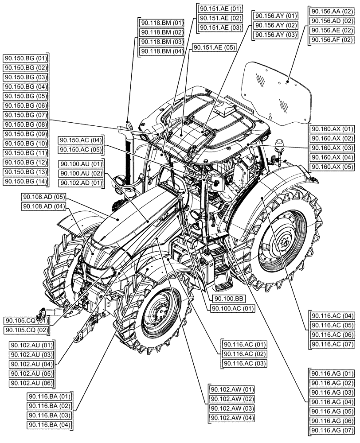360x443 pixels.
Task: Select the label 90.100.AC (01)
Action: [x=232, y=309]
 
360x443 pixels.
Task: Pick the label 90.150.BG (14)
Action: [x=25, y=181]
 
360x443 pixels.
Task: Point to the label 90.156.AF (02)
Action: [x=332, y=40]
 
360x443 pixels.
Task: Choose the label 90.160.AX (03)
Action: [x=333, y=148]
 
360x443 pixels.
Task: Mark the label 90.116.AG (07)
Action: [x=333, y=430]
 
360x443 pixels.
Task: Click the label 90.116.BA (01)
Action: [x=50, y=396]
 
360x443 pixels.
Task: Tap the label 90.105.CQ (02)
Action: [x=27, y=330]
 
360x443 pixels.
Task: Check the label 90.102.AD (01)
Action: [x=81, y=183]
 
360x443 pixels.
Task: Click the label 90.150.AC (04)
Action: [x=81, y=140]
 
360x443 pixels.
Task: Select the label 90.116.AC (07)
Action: [x=333, y=344]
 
